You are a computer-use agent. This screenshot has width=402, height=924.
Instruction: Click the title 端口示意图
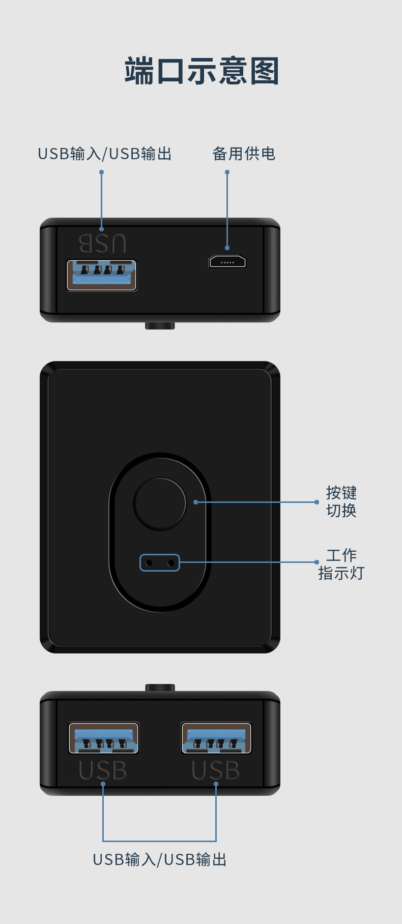coord(202,71)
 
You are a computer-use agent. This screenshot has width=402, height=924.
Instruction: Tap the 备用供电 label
coord(244,154)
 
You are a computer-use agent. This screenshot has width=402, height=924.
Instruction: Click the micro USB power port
coord(227,262)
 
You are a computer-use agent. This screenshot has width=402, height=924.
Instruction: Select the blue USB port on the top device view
coord(102,275)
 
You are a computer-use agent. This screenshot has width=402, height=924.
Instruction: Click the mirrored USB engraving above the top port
coord(102,244)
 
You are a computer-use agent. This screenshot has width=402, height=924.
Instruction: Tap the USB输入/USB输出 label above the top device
coord(105,154)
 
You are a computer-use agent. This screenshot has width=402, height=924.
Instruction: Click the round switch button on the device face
coord(160,503)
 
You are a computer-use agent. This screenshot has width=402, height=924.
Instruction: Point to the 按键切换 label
coord(341,501)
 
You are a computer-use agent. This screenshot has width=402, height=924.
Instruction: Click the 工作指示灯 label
coord(341,564)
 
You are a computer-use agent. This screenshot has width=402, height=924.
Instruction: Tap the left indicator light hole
coord(149,563)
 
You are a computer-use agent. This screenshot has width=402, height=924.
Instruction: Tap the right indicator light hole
coord(171,563)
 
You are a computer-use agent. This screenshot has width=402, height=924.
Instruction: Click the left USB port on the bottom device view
coord(104,738)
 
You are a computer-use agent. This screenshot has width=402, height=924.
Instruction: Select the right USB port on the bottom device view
coord(216,738)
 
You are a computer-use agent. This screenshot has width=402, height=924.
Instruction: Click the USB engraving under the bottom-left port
coord(103,770)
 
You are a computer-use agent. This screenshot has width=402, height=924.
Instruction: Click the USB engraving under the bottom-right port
coord(216,770)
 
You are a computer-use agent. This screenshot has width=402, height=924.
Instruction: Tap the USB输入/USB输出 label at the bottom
coord(160,859)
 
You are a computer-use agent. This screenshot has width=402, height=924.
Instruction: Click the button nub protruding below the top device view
coord(160,325)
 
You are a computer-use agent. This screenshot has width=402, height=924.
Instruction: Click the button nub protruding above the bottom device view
coord(160,688)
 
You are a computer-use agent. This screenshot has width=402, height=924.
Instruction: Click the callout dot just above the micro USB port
coord(227,248)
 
